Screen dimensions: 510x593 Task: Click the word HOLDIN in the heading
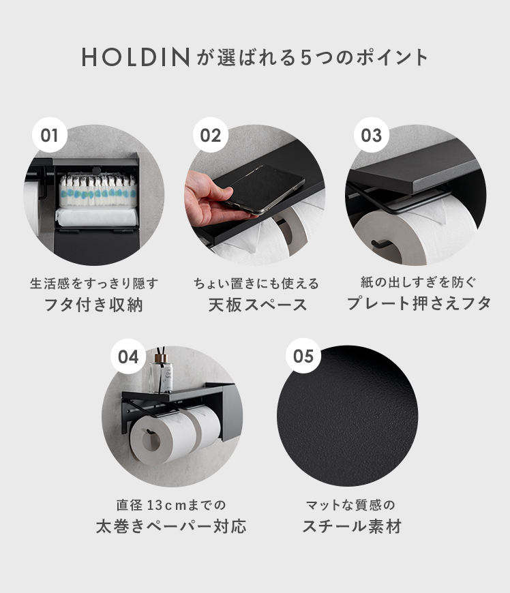136,57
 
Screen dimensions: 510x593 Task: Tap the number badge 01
50,135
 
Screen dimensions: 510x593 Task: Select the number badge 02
211,135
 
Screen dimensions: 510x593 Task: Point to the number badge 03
371,135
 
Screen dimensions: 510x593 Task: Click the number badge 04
128,356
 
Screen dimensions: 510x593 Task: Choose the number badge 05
303,356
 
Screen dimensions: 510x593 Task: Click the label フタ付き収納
94,305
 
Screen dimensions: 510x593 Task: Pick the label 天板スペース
257,305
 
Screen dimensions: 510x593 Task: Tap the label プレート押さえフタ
419,303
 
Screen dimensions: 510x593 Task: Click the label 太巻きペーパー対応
171,526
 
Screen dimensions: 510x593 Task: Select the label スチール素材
351,526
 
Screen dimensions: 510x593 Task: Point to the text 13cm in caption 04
168,505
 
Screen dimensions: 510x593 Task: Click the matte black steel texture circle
347,416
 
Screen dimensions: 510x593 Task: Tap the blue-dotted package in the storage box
97,192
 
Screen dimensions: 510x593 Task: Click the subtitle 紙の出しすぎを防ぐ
419,282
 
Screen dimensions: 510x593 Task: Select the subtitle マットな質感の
350,505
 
